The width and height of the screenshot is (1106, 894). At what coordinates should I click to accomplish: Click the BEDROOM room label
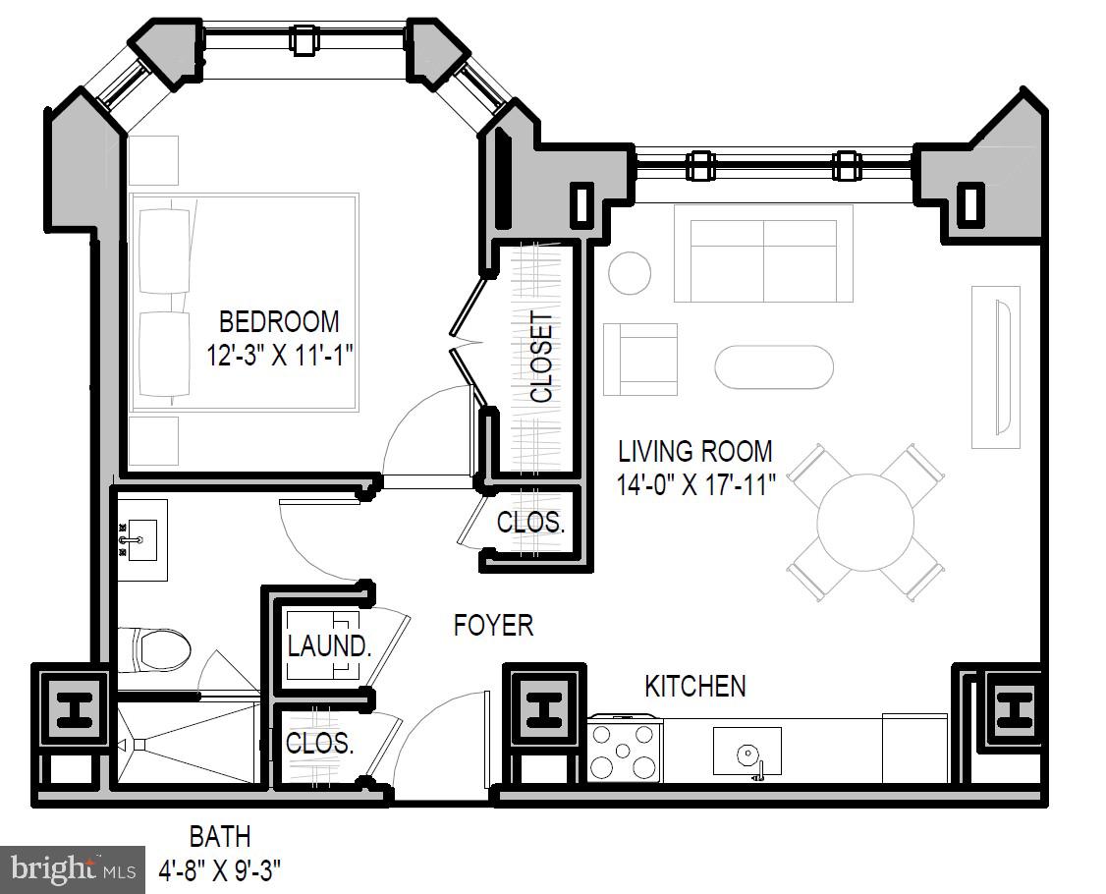click(x=279, y=322)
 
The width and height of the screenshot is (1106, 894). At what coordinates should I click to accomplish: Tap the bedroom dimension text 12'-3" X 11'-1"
click(x=279, y=355)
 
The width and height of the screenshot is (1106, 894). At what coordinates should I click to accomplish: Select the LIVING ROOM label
click(x=694, y=452)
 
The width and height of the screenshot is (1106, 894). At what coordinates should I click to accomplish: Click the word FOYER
click(x=493, y=626)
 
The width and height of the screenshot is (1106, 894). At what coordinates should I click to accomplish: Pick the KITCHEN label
click(x=694, y=686)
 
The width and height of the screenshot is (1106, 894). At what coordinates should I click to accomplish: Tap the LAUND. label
click(x=329, y=647)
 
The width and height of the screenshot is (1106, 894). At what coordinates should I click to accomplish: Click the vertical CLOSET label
click(x=541, y=358)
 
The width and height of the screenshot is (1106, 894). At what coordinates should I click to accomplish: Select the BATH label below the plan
click(x=220, y=837)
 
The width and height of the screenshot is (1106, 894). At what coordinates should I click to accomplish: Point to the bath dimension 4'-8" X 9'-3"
click(x=220, y=869)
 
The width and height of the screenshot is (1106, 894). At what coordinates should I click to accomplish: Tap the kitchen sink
click(x=747, y=753)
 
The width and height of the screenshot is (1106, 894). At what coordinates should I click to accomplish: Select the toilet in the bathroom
click(x=162, y=649)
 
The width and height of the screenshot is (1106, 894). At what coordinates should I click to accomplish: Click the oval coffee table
click(x=773, y=367)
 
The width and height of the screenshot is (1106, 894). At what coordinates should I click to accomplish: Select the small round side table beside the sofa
click(x=629, y=273)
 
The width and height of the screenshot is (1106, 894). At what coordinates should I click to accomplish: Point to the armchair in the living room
click(x=640, y=359)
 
